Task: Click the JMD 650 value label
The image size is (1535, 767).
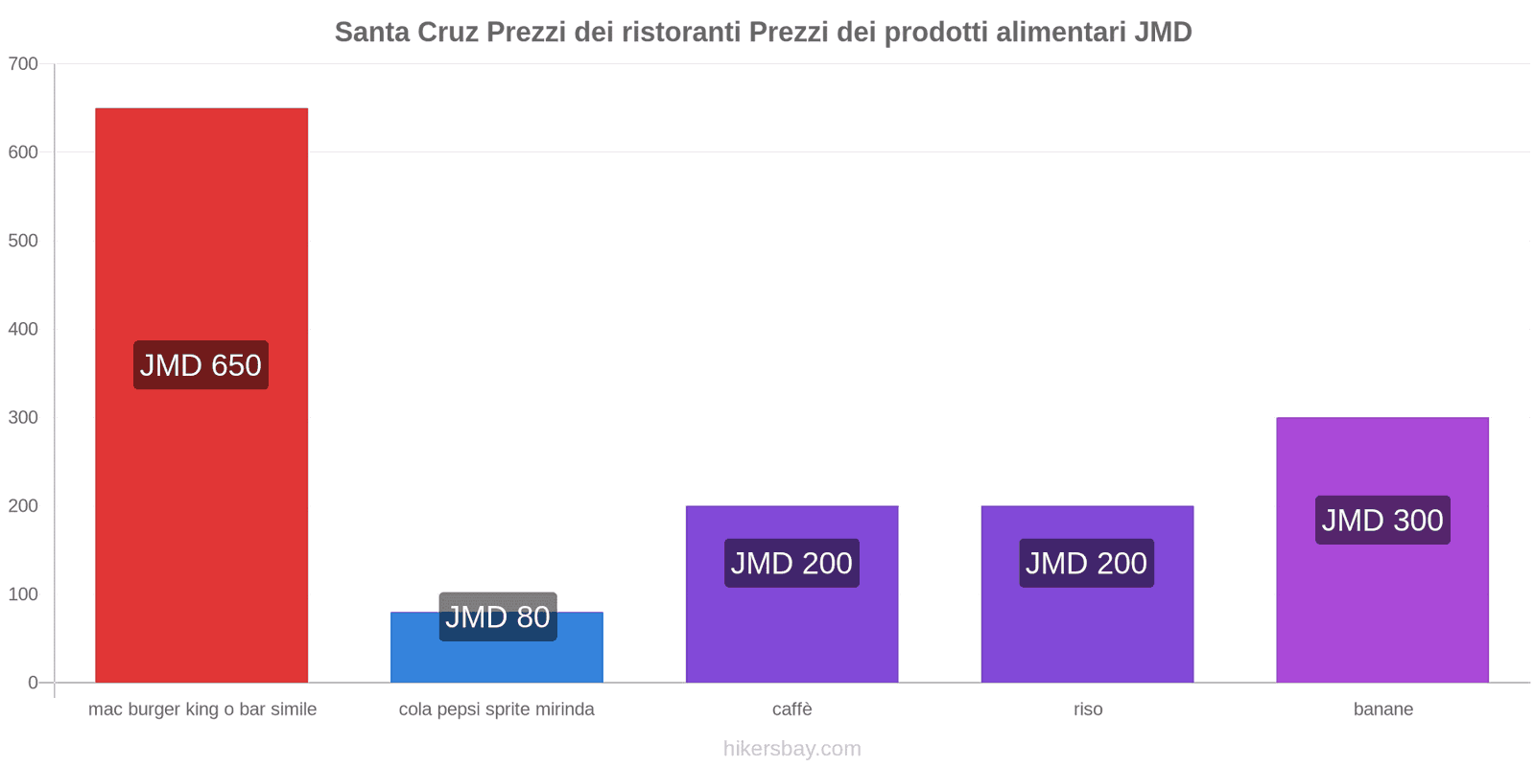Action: [201, 365]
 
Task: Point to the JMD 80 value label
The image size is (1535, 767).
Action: [498, 616]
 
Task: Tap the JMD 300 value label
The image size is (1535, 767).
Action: [1382, 520]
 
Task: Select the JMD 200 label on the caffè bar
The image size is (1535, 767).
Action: [791, 563]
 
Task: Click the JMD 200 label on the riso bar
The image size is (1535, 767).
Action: [1086, 563]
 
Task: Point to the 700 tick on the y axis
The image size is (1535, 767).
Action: [23, 64]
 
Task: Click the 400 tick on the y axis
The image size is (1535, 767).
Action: [23, 329]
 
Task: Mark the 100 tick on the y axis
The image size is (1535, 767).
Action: [23, 594]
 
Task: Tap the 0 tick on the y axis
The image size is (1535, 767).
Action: [33, 683]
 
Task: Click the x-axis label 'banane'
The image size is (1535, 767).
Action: [1382, 709]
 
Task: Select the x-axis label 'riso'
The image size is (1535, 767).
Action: [1088, 709]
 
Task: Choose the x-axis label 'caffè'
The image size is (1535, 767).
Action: [792, 709]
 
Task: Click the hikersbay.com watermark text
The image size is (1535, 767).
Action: [792, 749]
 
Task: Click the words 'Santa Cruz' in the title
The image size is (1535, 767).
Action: [406, 32]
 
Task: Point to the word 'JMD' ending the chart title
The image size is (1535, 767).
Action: [1163, 32]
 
